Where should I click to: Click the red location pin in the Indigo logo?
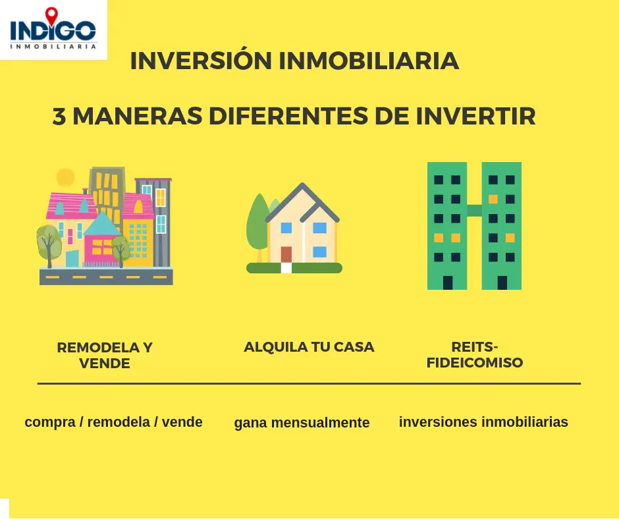(x=51, y=15)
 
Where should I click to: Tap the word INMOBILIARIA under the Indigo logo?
(x=53, y=47)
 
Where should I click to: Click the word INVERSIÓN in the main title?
(x=201, y=61)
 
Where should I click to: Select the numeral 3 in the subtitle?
(x=59, y=116)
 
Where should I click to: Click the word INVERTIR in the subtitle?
(x=475, y=116)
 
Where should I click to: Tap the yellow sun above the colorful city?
(x=66, y=177)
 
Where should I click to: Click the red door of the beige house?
(x=286, y=255)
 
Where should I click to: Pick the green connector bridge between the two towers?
(x=474, y=211)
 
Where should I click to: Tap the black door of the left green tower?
(x=448, y=283)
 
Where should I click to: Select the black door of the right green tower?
(x=502, y=283)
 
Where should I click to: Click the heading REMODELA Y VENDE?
(x=105, y=355)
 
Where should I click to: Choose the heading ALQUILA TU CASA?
(x=309, y=347)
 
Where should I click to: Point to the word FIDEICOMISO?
(x=475, y=362)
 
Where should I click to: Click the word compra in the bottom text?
(x=50, y=423)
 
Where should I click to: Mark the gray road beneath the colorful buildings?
(x=106, y=276)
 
